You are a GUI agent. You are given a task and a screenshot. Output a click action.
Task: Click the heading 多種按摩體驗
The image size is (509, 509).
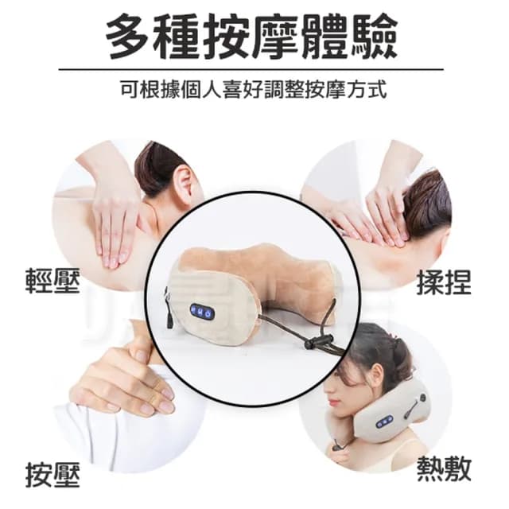coord(254,36)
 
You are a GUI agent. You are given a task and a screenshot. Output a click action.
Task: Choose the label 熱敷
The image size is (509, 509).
coord(444,469)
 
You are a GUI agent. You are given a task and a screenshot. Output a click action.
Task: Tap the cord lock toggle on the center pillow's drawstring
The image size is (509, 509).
coord(321,343)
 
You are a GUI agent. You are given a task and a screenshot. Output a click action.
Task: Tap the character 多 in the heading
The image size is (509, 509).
coord(129,36)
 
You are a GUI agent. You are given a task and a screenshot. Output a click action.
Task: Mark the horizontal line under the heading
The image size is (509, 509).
coord(254,69)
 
